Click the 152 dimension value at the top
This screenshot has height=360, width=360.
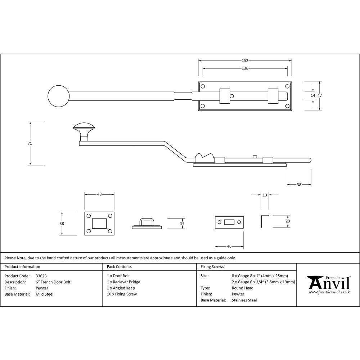[x=245, y=61]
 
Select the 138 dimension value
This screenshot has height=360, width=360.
[x=245, y=68]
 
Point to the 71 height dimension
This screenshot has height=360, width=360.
[x=30, y=143]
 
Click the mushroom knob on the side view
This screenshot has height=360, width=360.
[x=84, y=127]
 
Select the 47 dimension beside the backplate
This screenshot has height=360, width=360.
[x=320, y=95]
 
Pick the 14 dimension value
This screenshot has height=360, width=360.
[x=312, y=95]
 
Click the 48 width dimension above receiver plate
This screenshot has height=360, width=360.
[x=99, y=194]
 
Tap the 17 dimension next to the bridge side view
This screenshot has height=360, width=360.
[x=182, y=224]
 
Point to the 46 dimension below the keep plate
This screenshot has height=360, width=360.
[x=229, y=246]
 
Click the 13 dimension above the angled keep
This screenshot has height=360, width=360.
[x=265, y=195]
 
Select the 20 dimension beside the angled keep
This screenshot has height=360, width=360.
[x=287, y=221]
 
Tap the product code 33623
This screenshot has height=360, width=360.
[x=41, y=276]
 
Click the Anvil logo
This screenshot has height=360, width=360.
[x=328, y=285]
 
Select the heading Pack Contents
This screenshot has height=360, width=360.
[x=119, y=267]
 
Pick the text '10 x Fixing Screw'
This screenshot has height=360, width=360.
[x=122, y=294]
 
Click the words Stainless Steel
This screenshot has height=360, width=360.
[x=244, y=300]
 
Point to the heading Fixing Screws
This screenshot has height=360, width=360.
[x=212, y=267]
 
